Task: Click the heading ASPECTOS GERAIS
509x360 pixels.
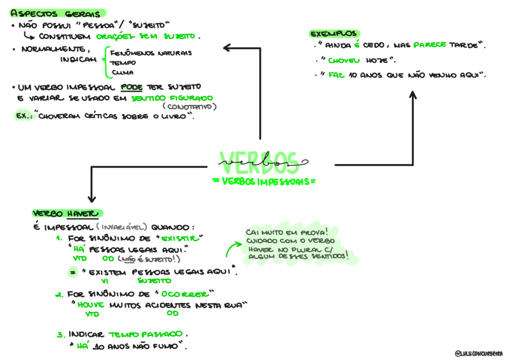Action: pyautogui.click(x=55, y=13)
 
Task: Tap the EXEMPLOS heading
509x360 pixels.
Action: pyautogui.click(x=334, y=34)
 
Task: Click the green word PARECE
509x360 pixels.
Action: pyautogui.click(x=430, y=45)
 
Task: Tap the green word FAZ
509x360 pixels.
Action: pyautogui.click(x=336, y=75)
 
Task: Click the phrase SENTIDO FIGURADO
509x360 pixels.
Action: pyautogui.click(x=172, y=98)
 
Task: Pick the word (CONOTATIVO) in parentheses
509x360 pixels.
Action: pyautogui.click(x=190, y=107)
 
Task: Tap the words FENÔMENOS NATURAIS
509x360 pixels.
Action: pyautogui.click(x=151, y=53)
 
